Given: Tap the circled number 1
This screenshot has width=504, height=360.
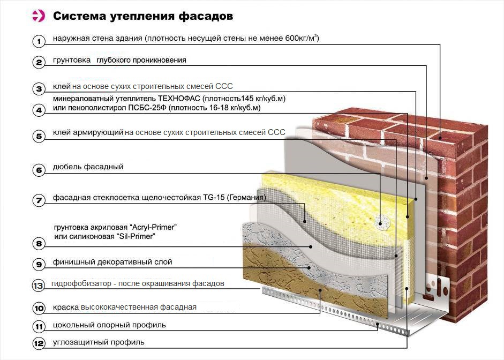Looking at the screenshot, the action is [x=39, y=41].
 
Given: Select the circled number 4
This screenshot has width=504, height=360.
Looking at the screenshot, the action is [x=39, y=110].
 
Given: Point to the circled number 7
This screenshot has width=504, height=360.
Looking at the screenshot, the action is [x=39, y=200].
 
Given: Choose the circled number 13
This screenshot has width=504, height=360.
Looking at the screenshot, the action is [x=38, y=286].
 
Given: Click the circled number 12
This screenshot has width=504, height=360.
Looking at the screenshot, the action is [x=39, y=343].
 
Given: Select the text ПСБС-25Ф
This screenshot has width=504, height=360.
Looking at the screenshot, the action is [x=147, y=108].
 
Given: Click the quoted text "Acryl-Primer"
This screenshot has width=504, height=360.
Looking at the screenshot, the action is [x=153, y=227].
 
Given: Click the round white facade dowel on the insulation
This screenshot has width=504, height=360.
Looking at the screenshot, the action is [x=381, y=222].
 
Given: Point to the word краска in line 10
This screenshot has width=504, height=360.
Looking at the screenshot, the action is [x=66, y=307].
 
